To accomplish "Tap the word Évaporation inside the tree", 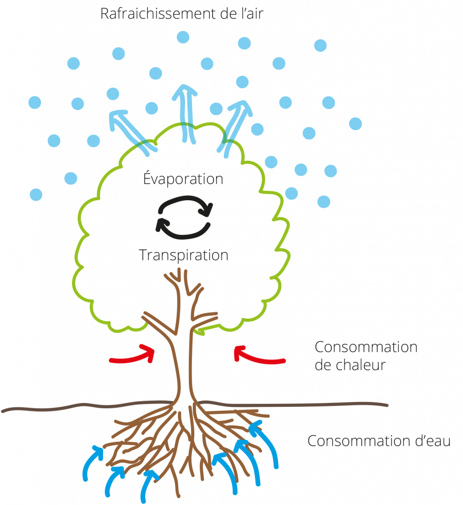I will click(183, 179).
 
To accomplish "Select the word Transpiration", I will click(183, 255).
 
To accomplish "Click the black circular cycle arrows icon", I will click(184, 217).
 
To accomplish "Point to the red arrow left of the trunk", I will click(132, 356).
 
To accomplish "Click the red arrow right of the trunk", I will click(258, 356).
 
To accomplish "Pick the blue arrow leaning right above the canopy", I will click(235, 126).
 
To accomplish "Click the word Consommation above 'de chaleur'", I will click(366, 347).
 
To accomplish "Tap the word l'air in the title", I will click(249, 13).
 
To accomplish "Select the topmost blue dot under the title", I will click(183, 37).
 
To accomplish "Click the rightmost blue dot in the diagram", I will click(356, 124).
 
